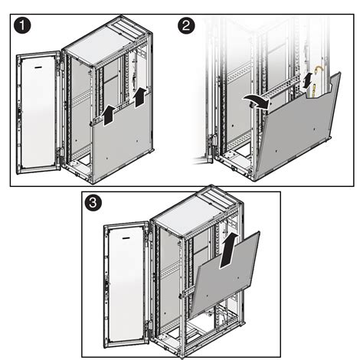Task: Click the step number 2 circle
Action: (187, 25)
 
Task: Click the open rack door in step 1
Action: (38, 111)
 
